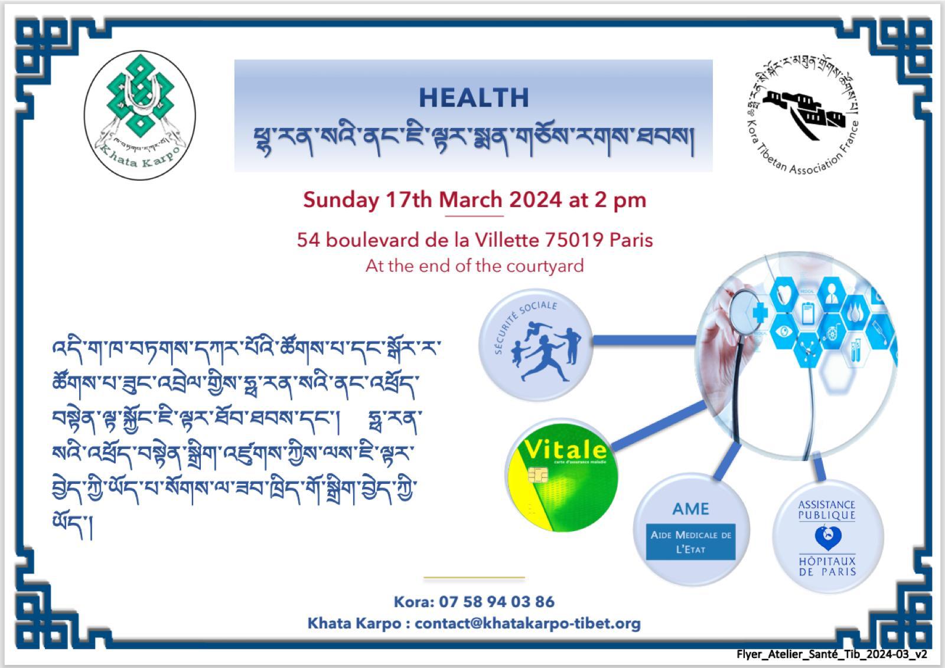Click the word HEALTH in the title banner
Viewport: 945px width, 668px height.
tap(474, 98)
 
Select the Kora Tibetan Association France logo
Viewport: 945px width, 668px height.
tap(803, 115)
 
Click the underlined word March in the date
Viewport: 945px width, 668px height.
tap(471, 200)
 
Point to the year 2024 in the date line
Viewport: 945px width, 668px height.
tap(535, 200)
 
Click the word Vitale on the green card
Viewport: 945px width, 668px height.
tap(565, 450)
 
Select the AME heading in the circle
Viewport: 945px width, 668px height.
tap(690, 509)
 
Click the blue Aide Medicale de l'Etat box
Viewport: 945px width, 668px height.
tap(690, 542)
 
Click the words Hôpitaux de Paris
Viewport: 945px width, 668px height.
tap(827, 566)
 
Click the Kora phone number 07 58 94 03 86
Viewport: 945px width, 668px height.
tap(496, 602)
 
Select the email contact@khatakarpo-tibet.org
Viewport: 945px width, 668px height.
tap(527, 624)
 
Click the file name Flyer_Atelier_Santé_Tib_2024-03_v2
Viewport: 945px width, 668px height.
tap(832, 654)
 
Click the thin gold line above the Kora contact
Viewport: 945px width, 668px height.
tap(474, 577)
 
